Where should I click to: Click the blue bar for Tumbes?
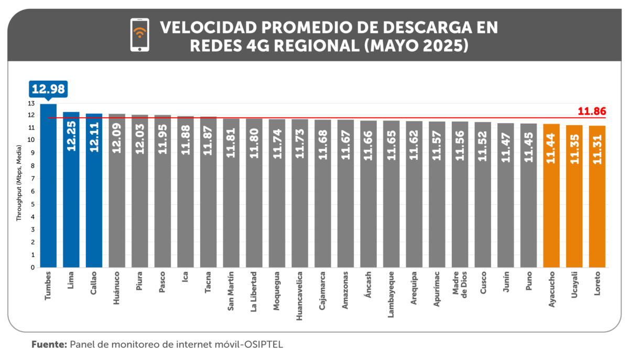coord(48,189)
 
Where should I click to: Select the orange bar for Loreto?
coord(598,210)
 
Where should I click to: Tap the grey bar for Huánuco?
coord(117,210)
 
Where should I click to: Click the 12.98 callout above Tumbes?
coord(48,89)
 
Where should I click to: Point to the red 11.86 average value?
coord(592,111)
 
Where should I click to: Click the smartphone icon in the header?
coord(139,35)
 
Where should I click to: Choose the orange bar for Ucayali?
coord(574,210)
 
